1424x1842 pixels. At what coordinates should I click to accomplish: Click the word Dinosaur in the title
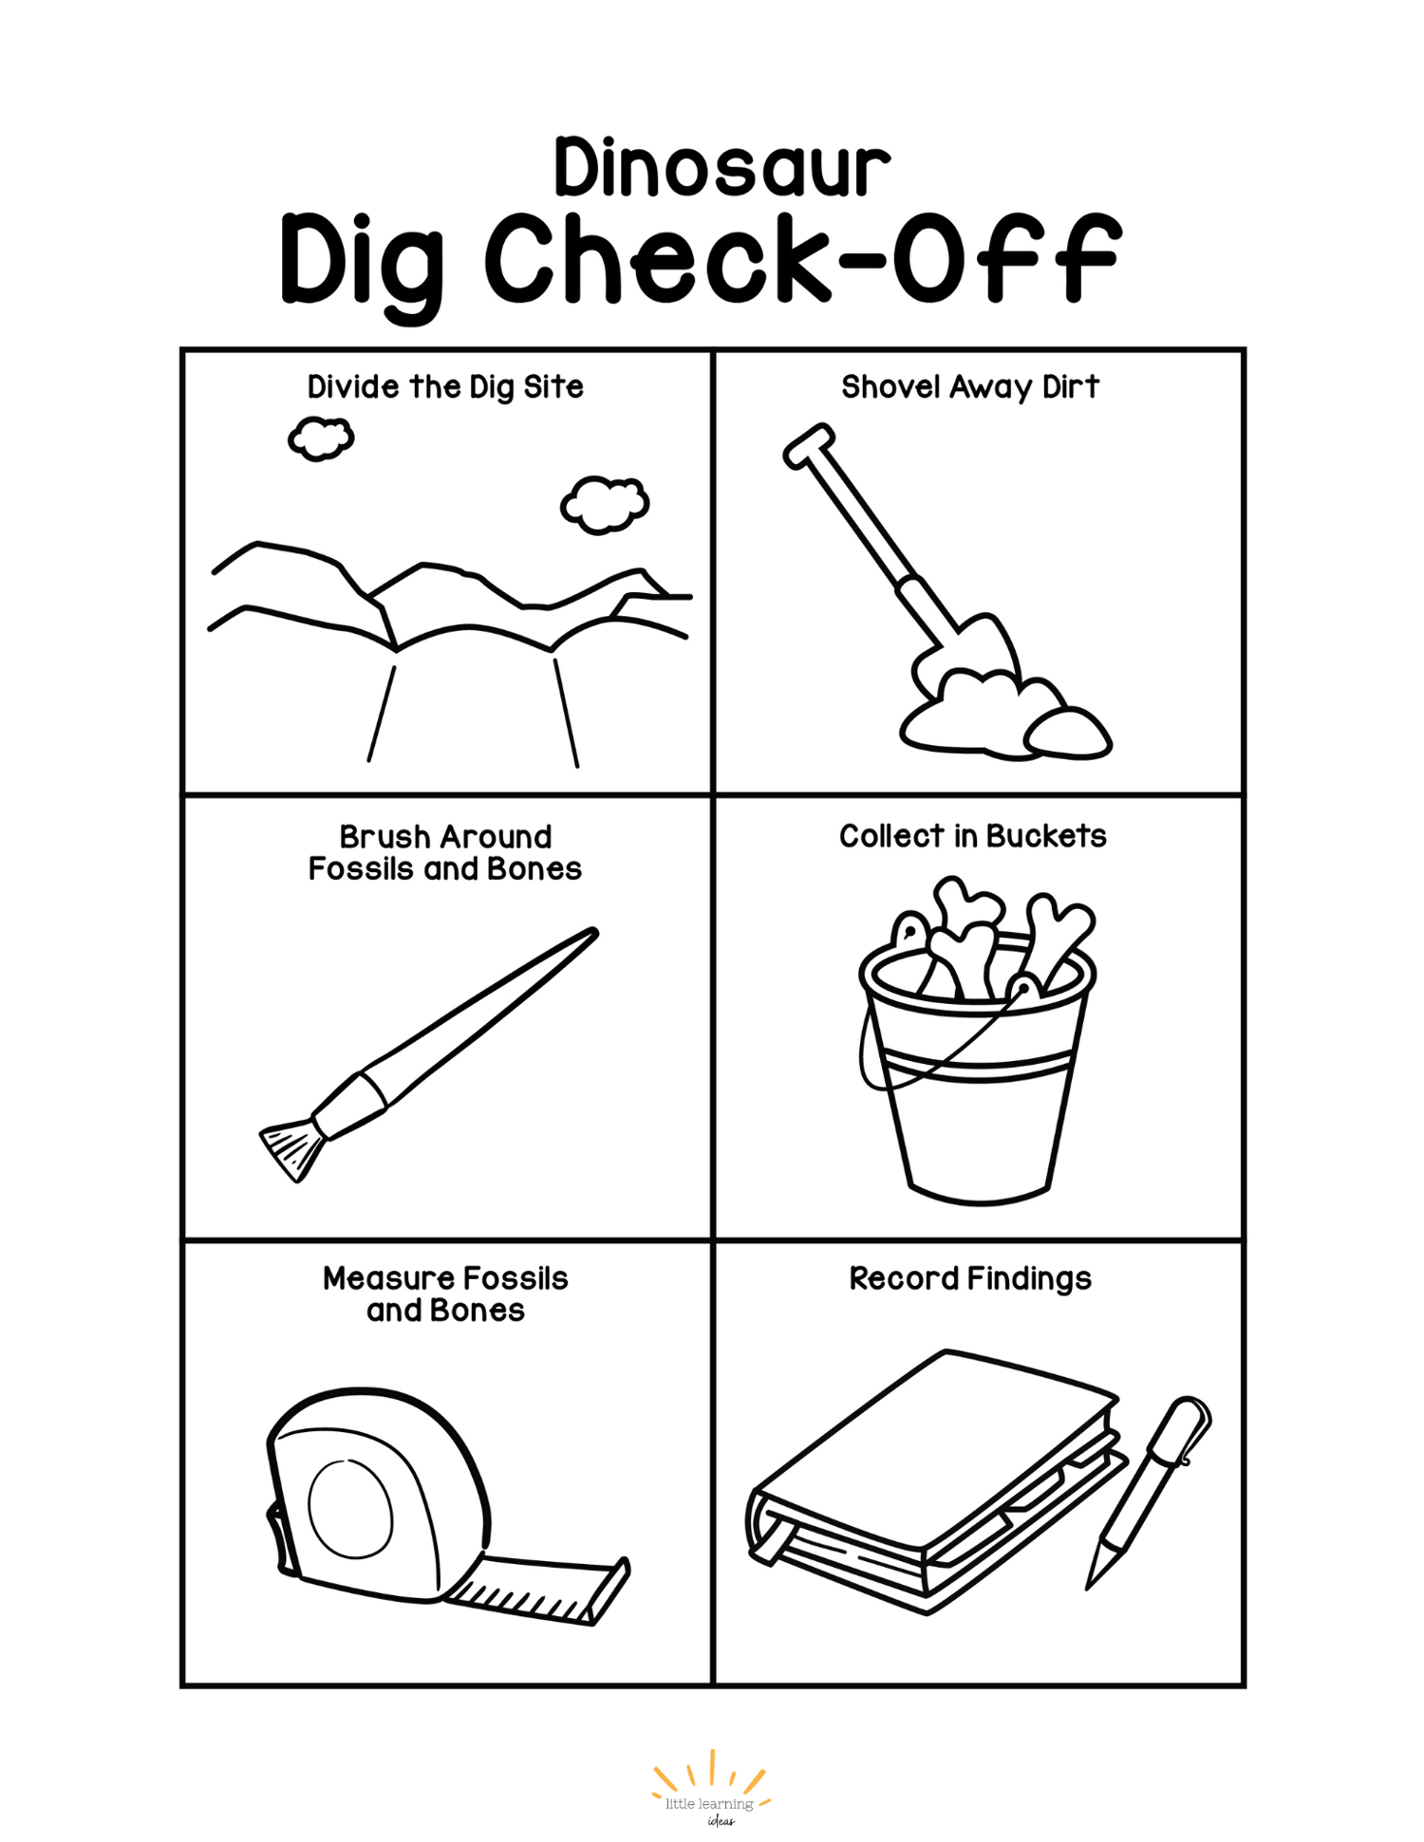click(x=722, y=168)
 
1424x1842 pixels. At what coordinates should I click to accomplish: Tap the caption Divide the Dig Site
click(x=445, y=387)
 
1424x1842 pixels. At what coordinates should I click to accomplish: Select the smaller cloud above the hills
click(x=321, y=438)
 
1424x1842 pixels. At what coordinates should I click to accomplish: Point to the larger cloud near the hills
click(x=605, y=504)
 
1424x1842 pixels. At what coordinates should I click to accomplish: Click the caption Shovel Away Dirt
click(x=970, y=387)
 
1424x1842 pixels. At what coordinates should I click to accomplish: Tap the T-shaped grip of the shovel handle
click(x=809, y=446)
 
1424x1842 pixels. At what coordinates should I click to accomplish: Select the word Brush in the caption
click(x=383, y=837)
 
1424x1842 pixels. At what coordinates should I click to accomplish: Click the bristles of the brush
click(x=290, y=1149)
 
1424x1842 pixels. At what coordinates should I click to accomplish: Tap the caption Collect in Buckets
click(x=973, y=836)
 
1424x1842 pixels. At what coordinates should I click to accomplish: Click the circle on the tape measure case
click(x=350, y=1508)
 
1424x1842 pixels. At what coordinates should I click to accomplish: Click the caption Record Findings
click(x=970, y=1279)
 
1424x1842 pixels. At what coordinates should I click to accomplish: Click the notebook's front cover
click(x=936, y=1452)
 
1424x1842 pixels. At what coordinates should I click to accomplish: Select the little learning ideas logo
click(x=711, y=1791)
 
